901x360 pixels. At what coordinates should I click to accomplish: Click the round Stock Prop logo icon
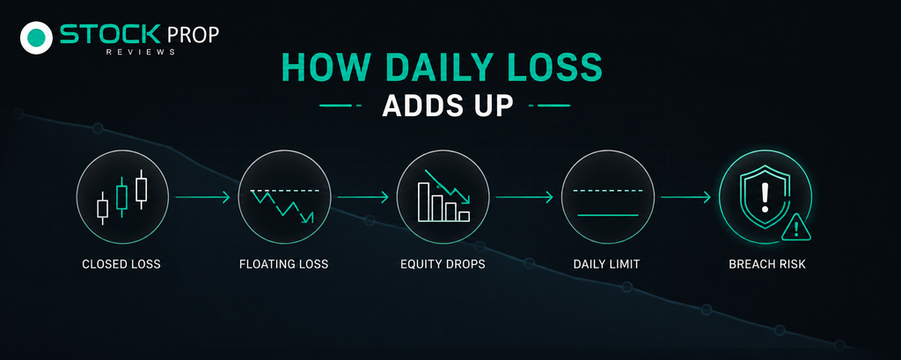pyautogui.click(x=36, y=38)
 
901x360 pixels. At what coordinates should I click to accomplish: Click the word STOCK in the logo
pyautogui.click(x=110, y=35)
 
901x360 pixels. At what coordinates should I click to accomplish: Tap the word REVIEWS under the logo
pyautogui.click(x=140, y=52)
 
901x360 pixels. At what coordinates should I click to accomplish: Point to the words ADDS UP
pyautogui.click(x=447, y=106)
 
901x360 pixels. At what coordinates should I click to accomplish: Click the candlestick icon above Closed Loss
pyautogui.click(x=121, y=196)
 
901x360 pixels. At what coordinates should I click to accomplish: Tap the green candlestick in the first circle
pyautogui.click(x=121, y=196)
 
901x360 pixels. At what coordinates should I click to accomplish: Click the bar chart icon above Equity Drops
pyautogui.click(x=443, y=196)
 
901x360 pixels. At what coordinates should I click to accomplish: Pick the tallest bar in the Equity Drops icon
pyautogui.click(x=424, y=202)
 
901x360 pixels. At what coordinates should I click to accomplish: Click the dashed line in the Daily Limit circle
pyautogui.click(x=607, y=190)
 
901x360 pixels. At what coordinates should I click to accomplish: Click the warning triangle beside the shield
pyautogui.click(x=795, y=228)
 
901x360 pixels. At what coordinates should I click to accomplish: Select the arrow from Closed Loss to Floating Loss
pyautogui.click(x=203, y=197)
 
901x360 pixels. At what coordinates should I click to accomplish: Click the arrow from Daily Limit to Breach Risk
pyautogui.click(x=685, y=197)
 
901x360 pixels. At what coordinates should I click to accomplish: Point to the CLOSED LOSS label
pyautogui.click(x=121, y=265)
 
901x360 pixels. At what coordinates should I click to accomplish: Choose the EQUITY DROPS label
pyautogui.click(x=443, y=265)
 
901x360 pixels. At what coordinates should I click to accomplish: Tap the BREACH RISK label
pyautogui.click(x=767, y=265)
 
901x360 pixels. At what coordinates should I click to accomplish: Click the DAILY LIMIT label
pyautogui.click(x=607, y=265)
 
